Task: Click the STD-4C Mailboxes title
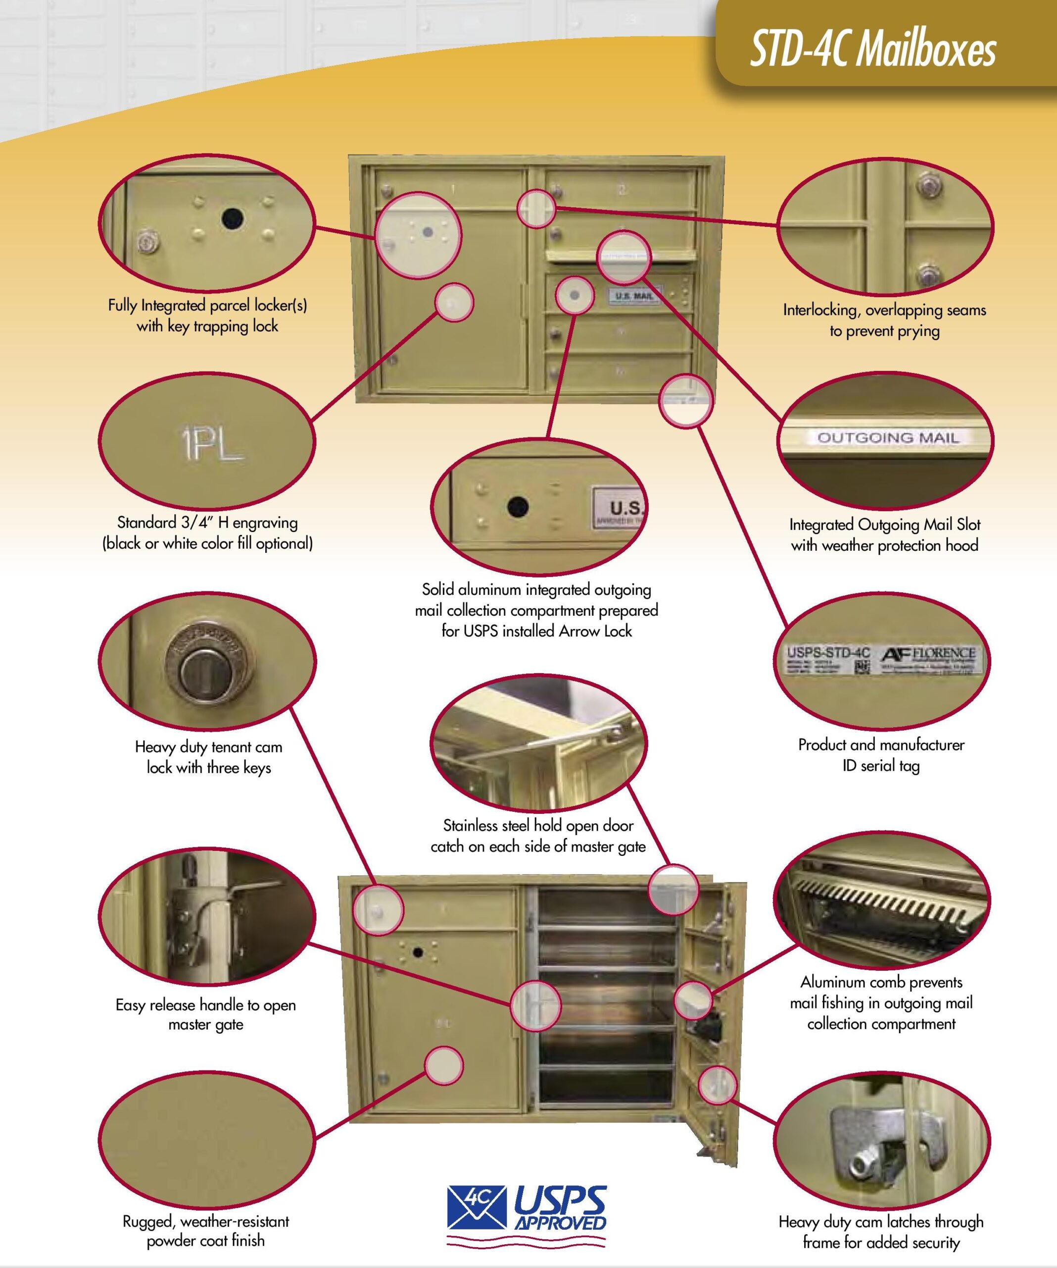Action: [872, 49]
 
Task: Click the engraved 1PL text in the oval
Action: [210, 444]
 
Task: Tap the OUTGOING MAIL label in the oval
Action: [887, 437]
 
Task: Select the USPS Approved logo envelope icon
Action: [476, 1207]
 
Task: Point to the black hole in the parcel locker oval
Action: [232, 218]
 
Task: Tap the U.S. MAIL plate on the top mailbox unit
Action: [635, 296]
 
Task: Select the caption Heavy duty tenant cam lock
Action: [208, 757]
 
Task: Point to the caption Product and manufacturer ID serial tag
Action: [881, 755]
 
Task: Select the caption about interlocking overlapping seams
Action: [884, 320]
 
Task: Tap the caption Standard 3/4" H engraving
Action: [207, 532]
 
